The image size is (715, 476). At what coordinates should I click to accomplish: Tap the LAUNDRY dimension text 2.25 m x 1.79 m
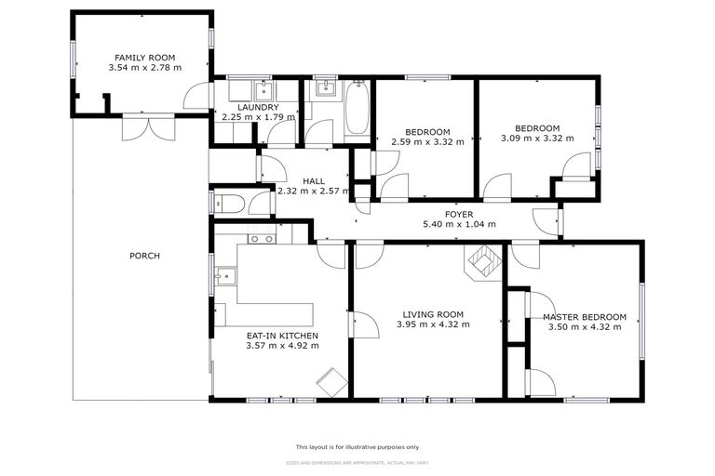point(258,117)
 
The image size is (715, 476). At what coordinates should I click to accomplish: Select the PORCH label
point(144,256)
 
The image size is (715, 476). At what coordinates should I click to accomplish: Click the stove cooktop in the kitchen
point(262,238)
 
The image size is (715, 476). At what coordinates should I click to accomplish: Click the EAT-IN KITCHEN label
point(282,335)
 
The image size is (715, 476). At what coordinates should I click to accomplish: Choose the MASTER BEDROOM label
point(585,316)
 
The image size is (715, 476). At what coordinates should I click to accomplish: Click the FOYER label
point(459,214)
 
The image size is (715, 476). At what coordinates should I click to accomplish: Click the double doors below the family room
point(147,127)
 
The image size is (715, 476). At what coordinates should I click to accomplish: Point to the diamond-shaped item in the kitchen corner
point(331,381)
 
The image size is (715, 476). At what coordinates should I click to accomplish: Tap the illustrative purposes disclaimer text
point(357,446)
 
